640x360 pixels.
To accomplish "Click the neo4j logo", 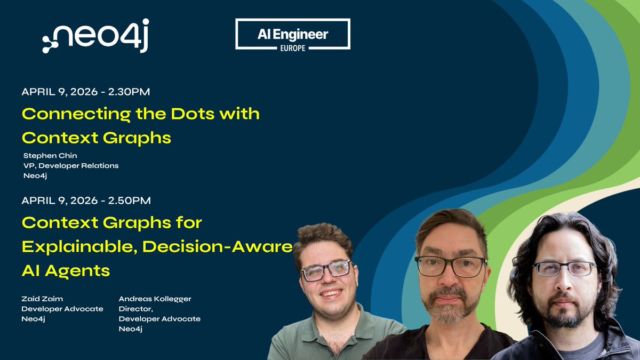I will point(95,38).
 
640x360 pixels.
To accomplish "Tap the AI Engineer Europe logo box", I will point(293,34).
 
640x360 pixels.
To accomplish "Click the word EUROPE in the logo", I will point(293,46).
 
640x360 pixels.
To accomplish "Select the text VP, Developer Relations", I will point(71,165).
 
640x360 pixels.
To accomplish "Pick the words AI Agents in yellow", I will point(66,270).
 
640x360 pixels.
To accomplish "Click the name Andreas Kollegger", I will point(155,299).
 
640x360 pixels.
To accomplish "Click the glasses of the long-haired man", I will point(564,269).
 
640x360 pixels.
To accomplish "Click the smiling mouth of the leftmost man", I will point(332,293).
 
